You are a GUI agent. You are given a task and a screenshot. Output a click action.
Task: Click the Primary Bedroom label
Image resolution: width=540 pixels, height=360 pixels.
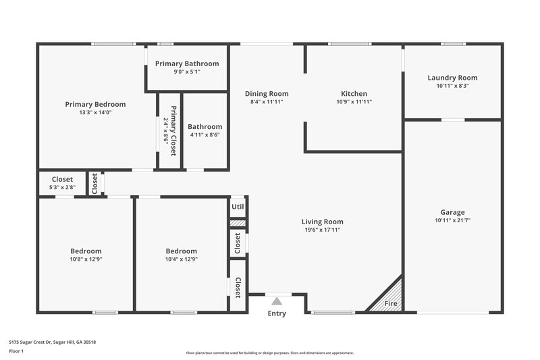coord(95,104)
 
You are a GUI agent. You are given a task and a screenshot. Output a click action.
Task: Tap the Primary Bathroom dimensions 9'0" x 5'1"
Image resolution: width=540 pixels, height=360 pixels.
coord(187,72)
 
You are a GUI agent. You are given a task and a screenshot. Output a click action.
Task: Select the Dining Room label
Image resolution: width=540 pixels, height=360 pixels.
coord(266,94)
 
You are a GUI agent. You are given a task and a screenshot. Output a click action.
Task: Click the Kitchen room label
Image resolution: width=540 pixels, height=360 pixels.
coord(354,94)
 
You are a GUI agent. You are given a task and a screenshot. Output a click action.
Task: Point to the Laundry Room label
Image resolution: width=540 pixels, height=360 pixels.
coord(452,78)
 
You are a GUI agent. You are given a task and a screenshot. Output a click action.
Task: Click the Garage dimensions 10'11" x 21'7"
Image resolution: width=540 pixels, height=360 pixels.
coord(452,220)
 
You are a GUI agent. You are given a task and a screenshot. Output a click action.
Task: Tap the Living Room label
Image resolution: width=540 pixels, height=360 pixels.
coord(322,222)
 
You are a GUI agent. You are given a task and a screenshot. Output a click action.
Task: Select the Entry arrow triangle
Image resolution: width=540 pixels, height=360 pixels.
coord(277,301)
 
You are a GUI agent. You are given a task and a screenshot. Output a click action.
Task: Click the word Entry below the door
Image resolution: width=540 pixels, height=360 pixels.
coord(277,313)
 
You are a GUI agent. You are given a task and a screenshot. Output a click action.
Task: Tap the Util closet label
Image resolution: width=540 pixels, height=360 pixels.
coord(238,207)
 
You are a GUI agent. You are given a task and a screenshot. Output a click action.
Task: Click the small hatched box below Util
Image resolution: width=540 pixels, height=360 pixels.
coord(237,223)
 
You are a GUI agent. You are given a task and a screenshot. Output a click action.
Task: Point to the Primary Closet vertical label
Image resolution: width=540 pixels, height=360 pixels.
coord(173,131)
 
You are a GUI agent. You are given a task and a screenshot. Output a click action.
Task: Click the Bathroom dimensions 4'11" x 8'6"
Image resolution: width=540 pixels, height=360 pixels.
coord(205,135)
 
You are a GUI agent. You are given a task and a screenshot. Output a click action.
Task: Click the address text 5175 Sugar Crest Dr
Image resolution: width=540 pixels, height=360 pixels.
coord(53,342)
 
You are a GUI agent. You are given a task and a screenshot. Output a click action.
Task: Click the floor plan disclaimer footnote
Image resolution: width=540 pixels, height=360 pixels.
coord(269,353)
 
